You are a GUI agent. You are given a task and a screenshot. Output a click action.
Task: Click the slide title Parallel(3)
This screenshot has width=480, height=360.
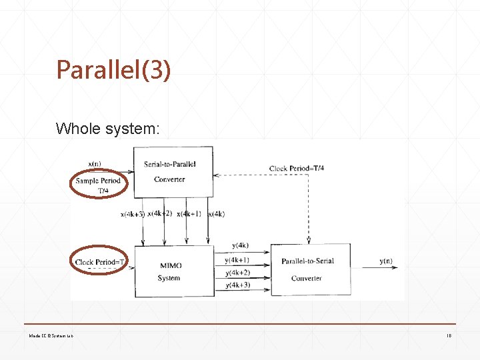113,69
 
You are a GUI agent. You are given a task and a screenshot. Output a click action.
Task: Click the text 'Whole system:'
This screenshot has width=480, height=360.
108,128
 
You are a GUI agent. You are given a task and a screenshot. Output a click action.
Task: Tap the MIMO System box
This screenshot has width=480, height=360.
171,271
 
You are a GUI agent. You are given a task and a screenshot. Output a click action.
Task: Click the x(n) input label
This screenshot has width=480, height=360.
95,163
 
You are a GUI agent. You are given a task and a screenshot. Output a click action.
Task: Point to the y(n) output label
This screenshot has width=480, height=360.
386,261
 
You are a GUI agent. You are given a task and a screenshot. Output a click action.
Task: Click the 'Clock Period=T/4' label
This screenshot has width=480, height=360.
297,168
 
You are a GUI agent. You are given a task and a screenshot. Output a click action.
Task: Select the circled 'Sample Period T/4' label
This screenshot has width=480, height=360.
98,185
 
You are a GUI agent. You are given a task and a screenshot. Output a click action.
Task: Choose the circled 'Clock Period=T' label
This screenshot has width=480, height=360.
100,262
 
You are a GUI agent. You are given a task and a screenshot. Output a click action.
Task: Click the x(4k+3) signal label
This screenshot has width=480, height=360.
132,215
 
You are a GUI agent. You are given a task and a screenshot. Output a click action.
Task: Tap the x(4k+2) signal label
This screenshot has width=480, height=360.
160,213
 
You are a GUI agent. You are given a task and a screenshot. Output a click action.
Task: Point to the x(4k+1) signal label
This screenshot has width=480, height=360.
192,213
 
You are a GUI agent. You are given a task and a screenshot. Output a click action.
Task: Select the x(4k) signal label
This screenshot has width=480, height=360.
216,214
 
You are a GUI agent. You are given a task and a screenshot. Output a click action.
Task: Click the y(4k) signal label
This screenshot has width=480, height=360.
240,245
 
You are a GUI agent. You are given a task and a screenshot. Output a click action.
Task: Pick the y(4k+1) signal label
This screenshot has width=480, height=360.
238,261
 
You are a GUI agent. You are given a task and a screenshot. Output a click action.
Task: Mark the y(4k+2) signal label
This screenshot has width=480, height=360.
238,273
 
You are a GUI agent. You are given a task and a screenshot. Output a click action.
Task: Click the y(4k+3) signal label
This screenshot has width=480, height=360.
238,285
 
